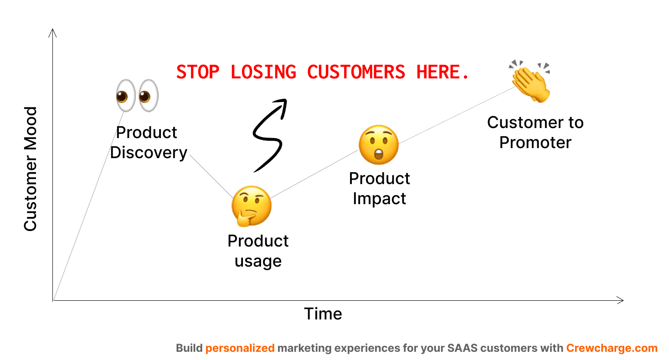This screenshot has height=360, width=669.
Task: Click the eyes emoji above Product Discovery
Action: click(x=137, y=96)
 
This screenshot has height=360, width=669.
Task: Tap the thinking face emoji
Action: click(x=251, y=206)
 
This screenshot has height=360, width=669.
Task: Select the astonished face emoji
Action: click(x=378, y=144)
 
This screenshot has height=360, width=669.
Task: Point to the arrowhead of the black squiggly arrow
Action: click(x=283, y=103)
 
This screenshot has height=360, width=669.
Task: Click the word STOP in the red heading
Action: click(x=197, y=72)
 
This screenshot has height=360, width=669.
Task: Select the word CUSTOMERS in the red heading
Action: click(x=356, y=72)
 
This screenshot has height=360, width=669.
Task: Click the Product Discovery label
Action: click(x=149, y=142)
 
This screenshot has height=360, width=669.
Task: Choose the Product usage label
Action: click(x=258, y=251)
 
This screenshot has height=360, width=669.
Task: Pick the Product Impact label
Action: click(x=379, y=188)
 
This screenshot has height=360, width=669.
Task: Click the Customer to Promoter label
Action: click(x=535, y=132)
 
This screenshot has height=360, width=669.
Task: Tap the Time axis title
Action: click(x=323, y=314)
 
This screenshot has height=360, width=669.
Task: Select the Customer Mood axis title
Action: click(x=30, y=169)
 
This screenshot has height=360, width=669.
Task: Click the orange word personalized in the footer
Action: click(x=240, y=349)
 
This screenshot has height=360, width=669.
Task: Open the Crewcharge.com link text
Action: click(x=612, y=349)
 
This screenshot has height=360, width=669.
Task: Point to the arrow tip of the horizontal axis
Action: click(x=622, y=300)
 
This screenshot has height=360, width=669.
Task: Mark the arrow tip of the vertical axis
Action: click(x=53, y=30)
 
